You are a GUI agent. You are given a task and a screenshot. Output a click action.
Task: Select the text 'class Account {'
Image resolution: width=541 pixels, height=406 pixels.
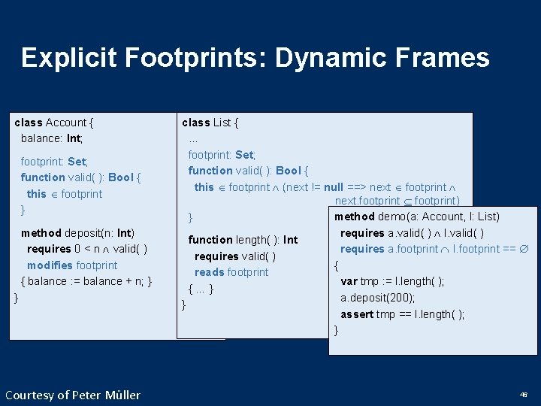click(x=54, y=122)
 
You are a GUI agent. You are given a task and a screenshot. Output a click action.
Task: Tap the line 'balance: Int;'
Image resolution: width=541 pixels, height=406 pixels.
click(x=52, y=138)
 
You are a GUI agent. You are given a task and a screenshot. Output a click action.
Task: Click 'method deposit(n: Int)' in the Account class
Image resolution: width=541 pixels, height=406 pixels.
click(x=78, y=233)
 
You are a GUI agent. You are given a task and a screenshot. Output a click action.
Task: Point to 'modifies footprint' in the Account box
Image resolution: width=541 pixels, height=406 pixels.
click(x=72, y=265)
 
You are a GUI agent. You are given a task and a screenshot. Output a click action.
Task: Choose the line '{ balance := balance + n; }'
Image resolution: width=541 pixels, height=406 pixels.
click(x=86, y=281)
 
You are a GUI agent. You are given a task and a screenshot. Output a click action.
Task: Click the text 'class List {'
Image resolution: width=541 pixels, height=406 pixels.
click(x=210, y=122)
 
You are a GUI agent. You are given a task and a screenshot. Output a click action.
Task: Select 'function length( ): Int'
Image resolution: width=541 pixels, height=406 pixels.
click(x=243, y=240)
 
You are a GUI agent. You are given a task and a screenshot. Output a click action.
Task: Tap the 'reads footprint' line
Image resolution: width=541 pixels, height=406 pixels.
click(x=231, y=272)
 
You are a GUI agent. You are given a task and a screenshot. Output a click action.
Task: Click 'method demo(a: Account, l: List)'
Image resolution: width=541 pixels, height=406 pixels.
click(x=417, y=217)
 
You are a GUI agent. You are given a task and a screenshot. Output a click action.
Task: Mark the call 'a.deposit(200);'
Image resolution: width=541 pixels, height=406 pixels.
click(x=378, y=298)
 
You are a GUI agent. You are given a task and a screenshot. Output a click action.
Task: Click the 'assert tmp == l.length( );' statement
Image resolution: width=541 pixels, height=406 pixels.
click(x=402, y=314)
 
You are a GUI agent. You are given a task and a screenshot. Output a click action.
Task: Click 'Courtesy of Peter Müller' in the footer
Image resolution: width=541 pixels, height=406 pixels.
click(x=73, y=395)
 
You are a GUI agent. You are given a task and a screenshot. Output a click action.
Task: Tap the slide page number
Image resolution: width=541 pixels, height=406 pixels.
click(x=523, y=394)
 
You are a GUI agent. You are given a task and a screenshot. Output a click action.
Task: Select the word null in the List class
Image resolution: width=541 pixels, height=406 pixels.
click(x=333, y=187)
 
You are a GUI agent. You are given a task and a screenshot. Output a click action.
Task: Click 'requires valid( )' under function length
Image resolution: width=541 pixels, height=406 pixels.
click(x=235, y=256)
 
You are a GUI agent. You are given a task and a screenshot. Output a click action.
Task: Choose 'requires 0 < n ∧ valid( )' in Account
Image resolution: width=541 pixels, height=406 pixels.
click(x=87, y=249)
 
